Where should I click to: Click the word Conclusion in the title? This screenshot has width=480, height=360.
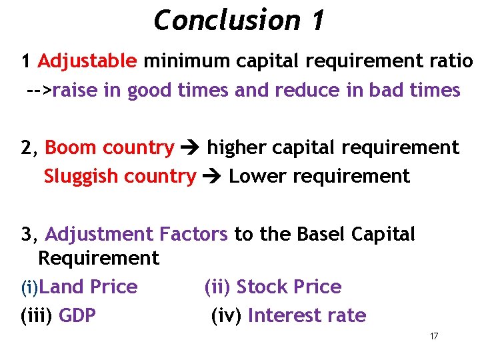coord(226,20)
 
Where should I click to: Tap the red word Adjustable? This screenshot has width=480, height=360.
coord(87,61)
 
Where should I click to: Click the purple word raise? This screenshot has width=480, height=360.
coord(75,90)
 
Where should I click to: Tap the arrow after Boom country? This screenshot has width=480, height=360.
coord(191,148)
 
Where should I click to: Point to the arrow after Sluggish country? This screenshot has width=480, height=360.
coord(213,177)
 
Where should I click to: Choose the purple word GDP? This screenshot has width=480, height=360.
coord(77,315)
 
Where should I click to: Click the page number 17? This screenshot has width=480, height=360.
coord(434,336)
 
